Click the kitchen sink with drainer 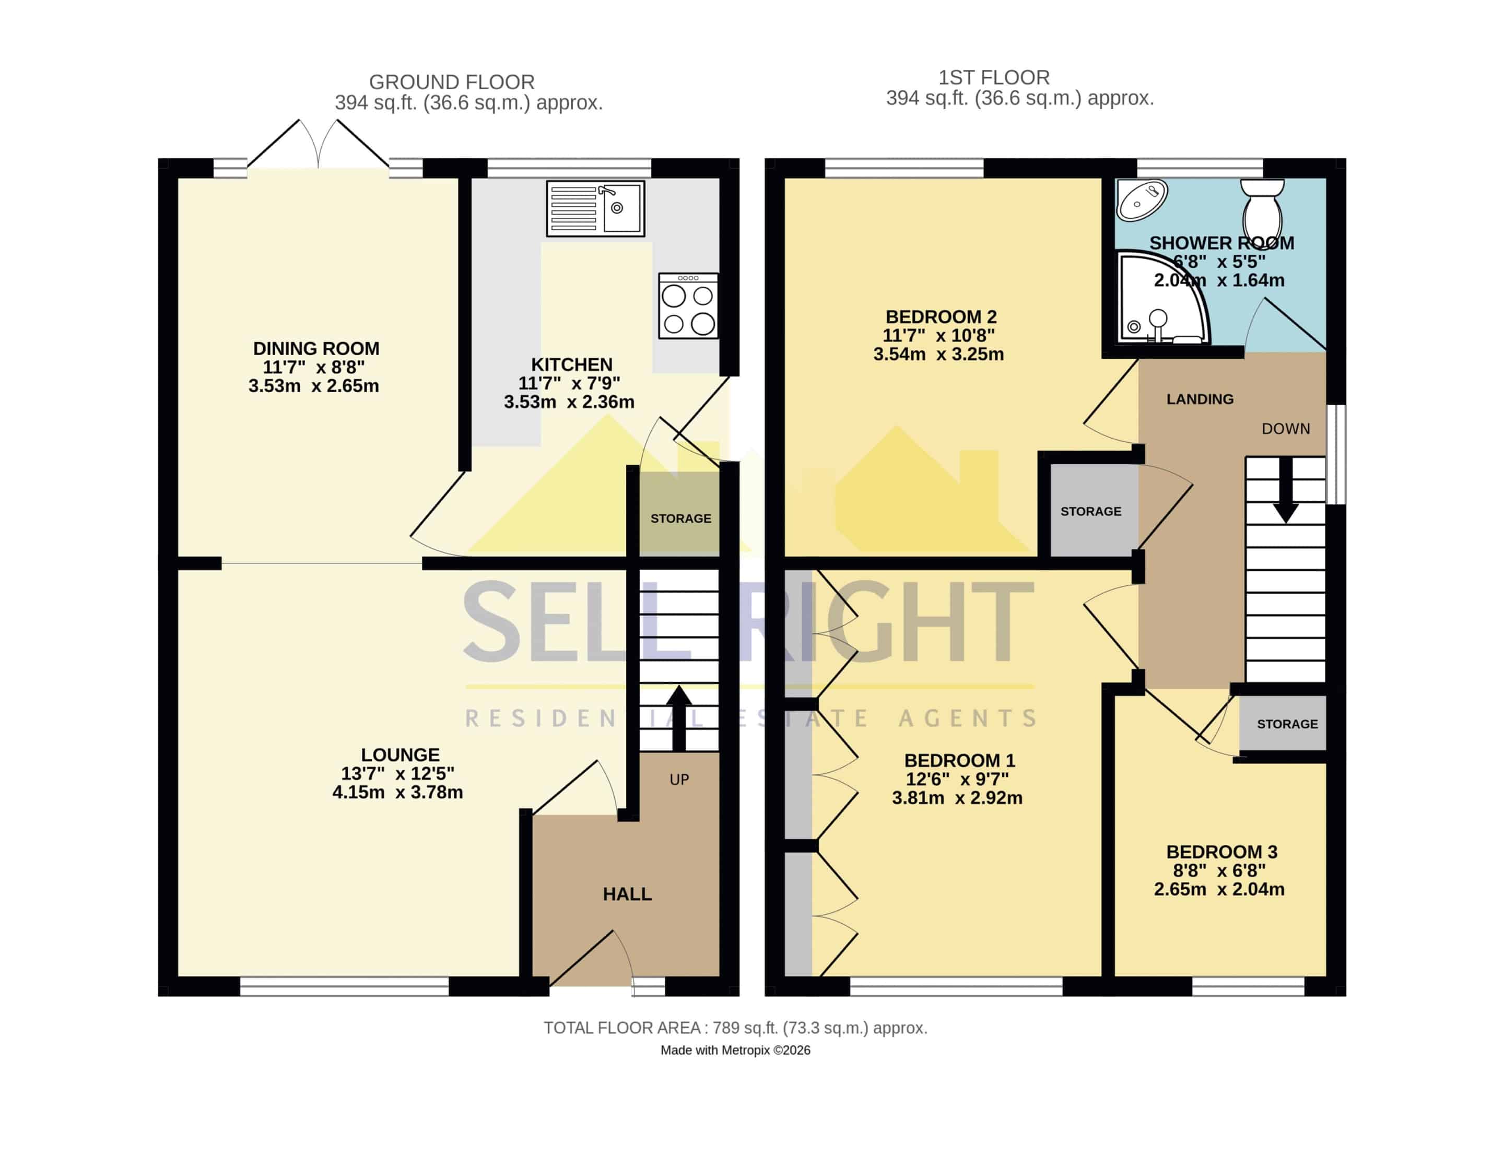[x=595, y=209]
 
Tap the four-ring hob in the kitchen [x=688, y=305]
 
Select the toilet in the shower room [x=1262, y=208]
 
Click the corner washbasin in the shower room [x=1141, y=199]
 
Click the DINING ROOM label [x=316, y=348]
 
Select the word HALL [x=627, y=893]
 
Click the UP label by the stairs [x=679, y=779]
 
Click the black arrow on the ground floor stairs [x=678, y=718]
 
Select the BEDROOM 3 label [x=1221, y=852]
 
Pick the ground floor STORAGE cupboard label [x=681, y=519]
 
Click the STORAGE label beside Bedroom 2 [x=1090, y=512]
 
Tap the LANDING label [x=1200, y=399]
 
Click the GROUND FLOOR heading [x=451, y=82]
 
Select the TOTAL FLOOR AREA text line [x=735, y=1028]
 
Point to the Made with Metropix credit [x=735, y=1050]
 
